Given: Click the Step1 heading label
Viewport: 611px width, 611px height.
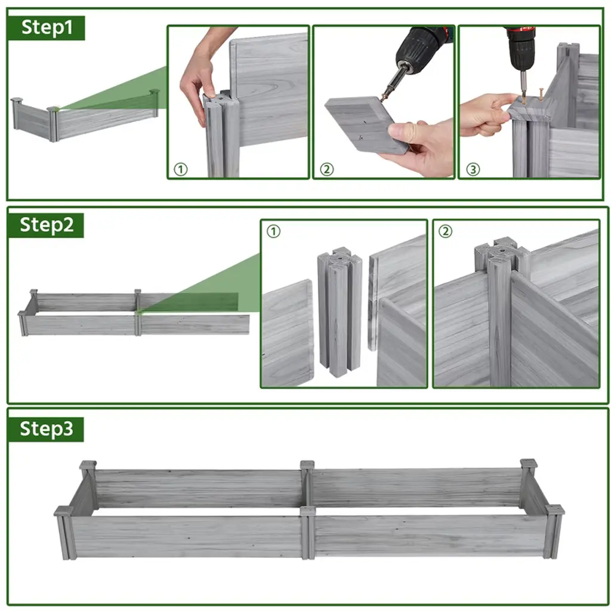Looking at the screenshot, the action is click(47, 27).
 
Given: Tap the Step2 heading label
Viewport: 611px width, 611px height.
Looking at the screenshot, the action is click(47, 225).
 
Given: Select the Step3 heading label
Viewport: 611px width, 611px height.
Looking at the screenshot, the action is click(47, 429).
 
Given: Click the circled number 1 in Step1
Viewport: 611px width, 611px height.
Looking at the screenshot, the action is click(180, 169).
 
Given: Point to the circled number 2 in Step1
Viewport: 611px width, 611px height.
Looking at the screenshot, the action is click(327, 169).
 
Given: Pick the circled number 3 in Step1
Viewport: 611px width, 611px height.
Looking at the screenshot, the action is click(473, 169).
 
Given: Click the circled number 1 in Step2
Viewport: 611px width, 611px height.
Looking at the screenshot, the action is click(273, 232).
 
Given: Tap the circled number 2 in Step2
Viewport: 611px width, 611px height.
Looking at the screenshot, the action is click(445, 232).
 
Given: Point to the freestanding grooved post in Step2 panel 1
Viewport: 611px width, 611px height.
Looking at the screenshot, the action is click(338, 311).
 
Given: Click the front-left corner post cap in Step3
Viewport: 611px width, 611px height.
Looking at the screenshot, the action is click(64, 511).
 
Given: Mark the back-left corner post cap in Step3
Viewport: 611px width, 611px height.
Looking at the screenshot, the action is click(88, 465).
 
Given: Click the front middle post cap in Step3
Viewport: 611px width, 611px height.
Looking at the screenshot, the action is click(308, 511).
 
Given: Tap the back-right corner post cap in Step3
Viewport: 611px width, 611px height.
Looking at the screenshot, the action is click(529, 464).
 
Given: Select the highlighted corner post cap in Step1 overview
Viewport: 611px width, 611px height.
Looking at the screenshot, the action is click(53, 109).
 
